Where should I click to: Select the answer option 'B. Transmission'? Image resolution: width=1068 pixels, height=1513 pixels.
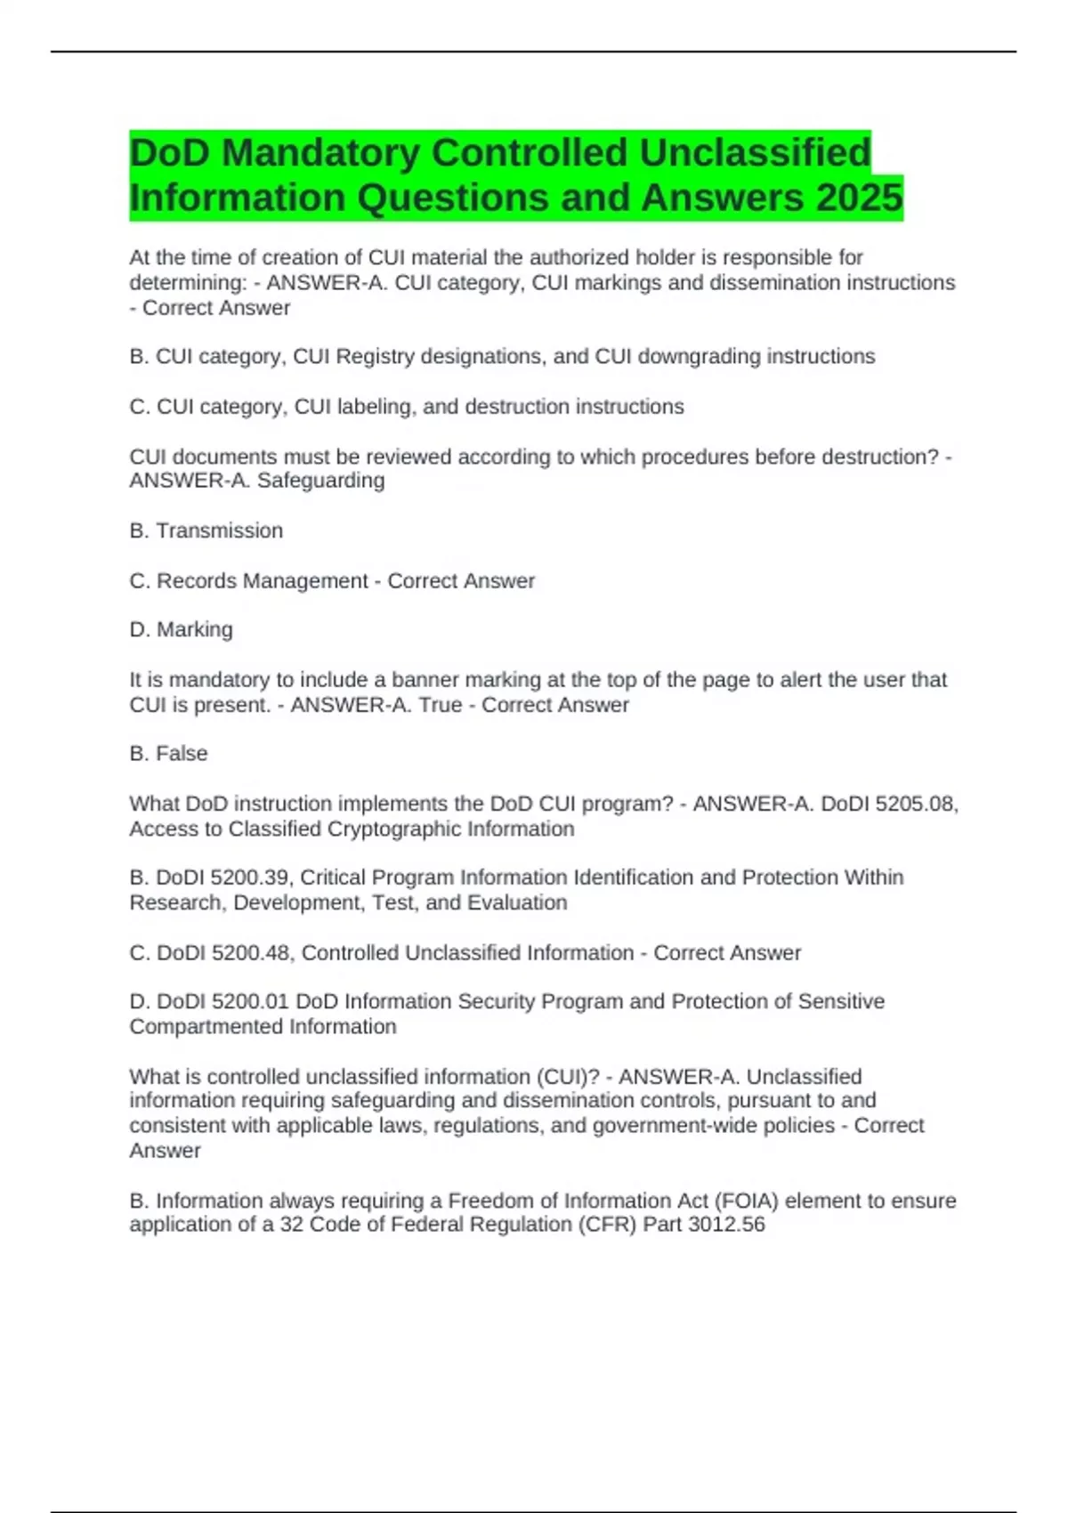coord(206,530)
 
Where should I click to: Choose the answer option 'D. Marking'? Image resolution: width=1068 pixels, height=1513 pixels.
coord(182,629)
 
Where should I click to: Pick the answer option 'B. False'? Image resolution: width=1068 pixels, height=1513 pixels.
coord(168,753)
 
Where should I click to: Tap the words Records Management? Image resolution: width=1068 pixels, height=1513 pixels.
coord(262,580)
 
